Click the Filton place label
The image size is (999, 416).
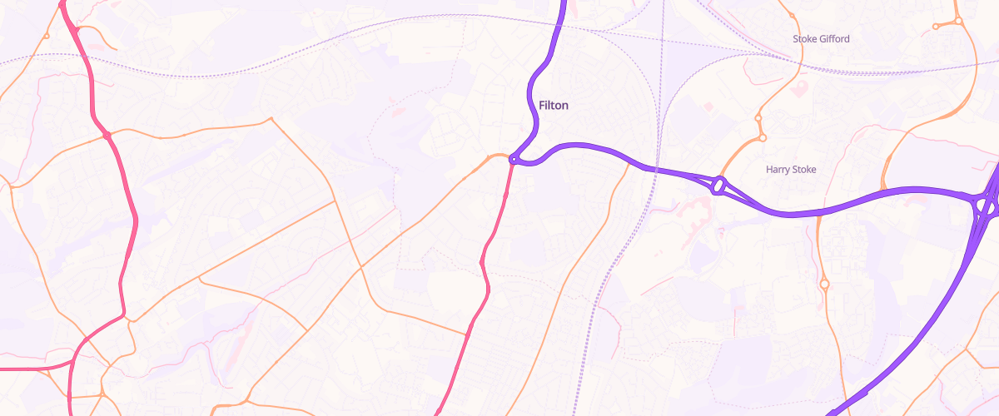click(554, 106)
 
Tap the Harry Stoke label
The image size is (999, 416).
click(791, 170)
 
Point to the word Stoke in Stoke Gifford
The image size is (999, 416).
click(804, 39)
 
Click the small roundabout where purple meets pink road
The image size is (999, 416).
click(514, 160)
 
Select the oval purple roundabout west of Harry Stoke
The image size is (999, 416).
click(718, 185)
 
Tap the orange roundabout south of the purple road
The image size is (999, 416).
click(824, 284)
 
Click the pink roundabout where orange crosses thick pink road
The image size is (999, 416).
click(107, 136)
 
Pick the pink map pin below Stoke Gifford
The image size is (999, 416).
click(802, 86)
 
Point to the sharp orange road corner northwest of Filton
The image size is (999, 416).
click(270, 120)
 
